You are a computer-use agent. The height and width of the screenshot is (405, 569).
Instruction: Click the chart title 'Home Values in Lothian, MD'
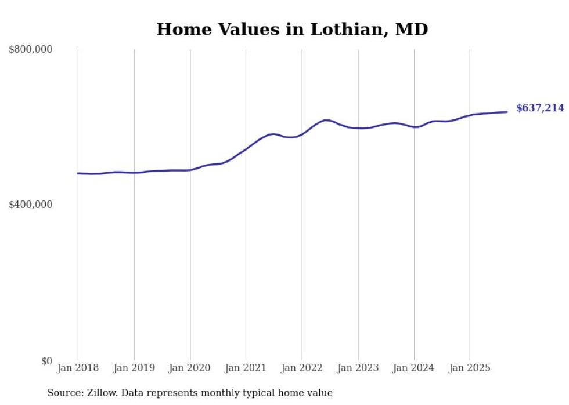click(292, 30)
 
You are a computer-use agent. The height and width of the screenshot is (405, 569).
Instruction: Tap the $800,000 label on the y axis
click(31, 50)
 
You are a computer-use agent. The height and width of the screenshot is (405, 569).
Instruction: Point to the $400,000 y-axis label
click(31, 205)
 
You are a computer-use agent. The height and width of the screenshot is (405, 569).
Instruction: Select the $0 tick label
click(46, 361)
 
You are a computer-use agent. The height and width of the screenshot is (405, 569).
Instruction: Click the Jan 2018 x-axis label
click(78, 368)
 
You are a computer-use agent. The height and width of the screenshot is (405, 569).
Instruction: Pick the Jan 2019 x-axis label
click(134, 368)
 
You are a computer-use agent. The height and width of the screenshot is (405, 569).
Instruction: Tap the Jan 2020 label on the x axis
click(190, 368)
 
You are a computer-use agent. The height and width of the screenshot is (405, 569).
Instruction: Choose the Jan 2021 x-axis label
click(246, 368)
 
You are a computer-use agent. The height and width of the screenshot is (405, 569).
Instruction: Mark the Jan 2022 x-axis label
click(302, 368)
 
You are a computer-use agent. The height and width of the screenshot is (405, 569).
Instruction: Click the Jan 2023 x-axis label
click(358, 368)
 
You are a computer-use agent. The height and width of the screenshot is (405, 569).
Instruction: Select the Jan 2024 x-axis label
click(414, 368)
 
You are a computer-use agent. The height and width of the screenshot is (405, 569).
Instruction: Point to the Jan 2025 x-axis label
click(470, 368)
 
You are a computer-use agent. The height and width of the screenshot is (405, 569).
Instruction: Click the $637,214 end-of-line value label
click(540, 108)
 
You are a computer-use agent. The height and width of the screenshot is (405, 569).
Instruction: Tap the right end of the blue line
click(507, 112)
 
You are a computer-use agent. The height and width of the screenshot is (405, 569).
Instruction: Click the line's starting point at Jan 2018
click(78, 173)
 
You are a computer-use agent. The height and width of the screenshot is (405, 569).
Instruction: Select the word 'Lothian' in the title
click(346, 30)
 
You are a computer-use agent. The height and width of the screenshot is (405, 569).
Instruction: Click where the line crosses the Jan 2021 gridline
click(246, 149)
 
